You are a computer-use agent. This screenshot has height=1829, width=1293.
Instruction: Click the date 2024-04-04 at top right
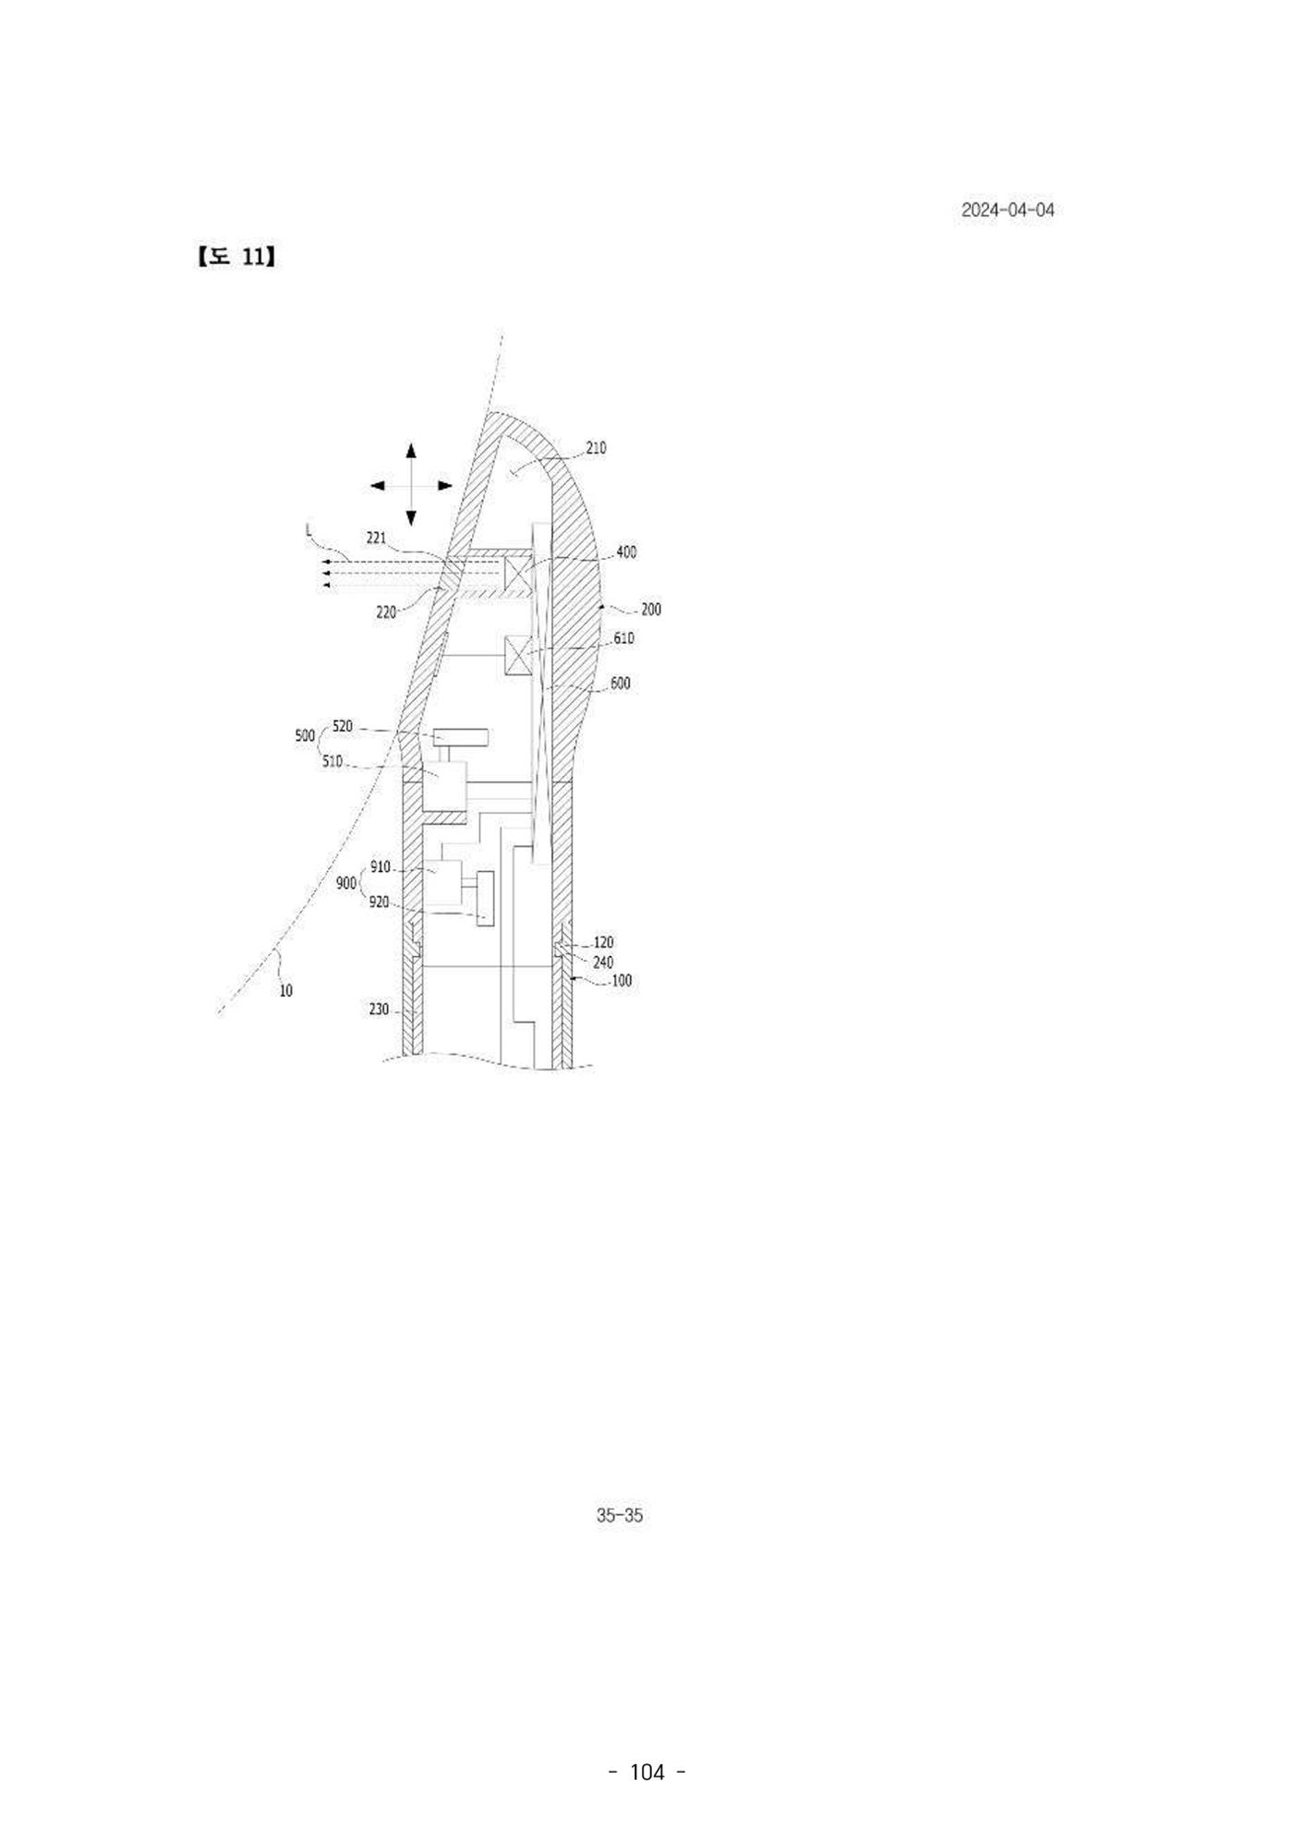point(1008,210)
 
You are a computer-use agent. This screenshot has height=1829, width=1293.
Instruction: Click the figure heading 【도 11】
point(236,257)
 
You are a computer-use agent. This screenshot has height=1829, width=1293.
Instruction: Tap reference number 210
point(597,448)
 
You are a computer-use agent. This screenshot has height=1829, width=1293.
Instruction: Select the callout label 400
point(626,552)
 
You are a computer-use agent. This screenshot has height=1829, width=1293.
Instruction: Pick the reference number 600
point(621,684)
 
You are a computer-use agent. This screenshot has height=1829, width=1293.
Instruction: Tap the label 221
point(377,538)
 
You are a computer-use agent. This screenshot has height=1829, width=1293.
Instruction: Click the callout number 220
point(386,612)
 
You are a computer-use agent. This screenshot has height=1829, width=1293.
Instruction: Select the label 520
point(343,727)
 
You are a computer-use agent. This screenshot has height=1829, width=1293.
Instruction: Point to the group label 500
point(305,736)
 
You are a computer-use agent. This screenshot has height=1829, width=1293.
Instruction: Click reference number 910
point(381,867)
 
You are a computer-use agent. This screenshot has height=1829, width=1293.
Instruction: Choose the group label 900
point(346,883)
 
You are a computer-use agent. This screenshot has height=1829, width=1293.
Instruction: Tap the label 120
point(603,943)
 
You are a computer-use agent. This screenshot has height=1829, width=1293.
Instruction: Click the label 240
point(603,963)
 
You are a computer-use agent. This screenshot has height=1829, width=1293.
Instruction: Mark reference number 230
point(379,1011)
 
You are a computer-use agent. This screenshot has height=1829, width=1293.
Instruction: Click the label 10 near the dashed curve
point(286,991)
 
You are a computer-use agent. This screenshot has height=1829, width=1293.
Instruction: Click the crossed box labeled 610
point(519,657)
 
